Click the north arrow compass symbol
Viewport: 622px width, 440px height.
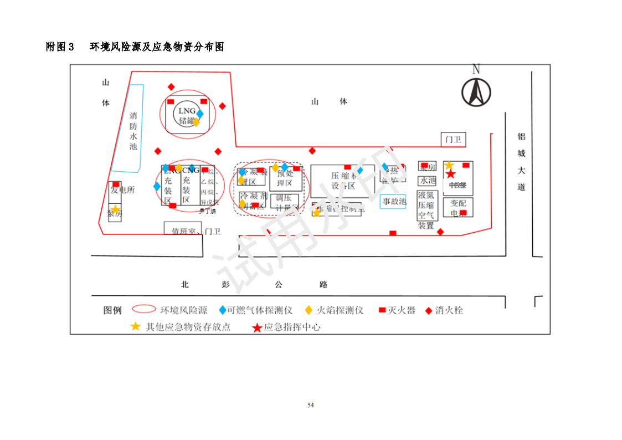coord(476,91)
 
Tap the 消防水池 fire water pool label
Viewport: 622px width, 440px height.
coord(133,131)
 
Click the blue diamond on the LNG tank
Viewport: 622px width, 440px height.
coord(200,114)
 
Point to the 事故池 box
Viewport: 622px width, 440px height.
coord(394,201)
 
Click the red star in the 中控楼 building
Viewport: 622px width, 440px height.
coord(451,174)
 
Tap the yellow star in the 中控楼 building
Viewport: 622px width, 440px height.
coord(449,165)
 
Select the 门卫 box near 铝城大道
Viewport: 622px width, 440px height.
coord(453,140)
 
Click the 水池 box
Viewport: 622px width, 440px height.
coord(427,181)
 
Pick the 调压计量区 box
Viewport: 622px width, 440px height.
coord(284,202)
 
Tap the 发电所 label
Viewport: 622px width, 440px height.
coord(122,190)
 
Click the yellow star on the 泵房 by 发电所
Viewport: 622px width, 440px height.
coord(115,209)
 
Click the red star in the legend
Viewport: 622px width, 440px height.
coord(257,328)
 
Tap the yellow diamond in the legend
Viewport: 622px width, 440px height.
coord(308,310)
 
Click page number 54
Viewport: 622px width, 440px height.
coord(311,405)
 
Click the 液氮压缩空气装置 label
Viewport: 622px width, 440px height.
coord(426,211)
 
